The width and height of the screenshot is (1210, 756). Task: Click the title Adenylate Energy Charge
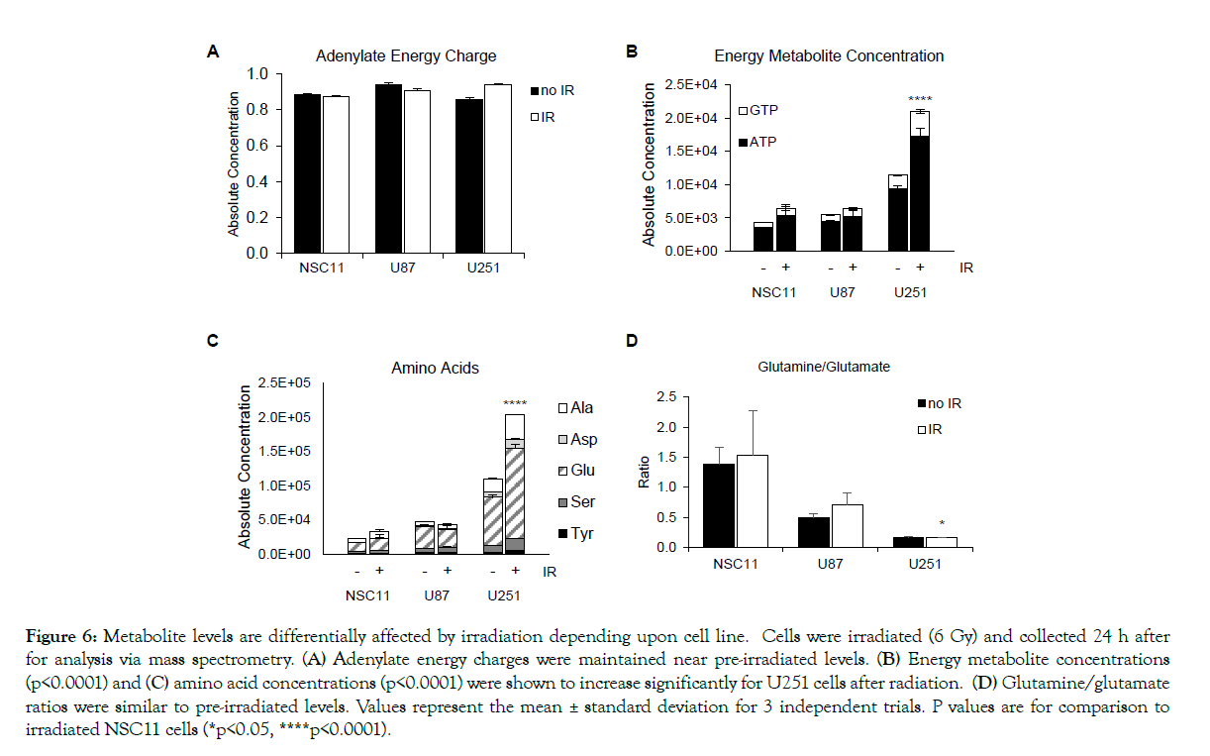point(406,56)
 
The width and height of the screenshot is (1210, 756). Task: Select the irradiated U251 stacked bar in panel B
point(920,183)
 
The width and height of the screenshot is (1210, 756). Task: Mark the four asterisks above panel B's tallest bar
point(920,100)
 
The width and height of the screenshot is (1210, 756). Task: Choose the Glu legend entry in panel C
point(578,471)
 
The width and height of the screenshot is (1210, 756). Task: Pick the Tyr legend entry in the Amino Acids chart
point(578,534)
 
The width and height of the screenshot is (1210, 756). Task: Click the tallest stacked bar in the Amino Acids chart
point(514,486)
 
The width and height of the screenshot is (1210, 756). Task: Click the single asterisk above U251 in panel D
point(942,524)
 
